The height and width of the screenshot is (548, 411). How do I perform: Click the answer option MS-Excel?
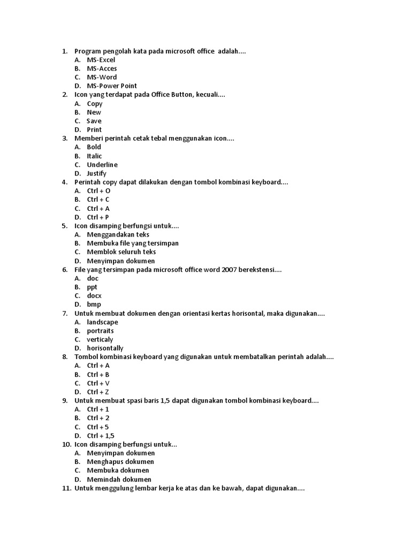click(101, 60)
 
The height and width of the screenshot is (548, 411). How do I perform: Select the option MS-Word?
click(102, 77)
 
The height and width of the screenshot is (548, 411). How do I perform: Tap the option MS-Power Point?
click(112, 86)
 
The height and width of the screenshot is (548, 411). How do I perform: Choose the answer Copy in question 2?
click(95, 104)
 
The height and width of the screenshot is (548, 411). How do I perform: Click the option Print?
click(94, 130)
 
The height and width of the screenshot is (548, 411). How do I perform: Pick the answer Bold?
click(94, 147)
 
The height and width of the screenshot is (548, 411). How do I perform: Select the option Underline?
click(102, 165)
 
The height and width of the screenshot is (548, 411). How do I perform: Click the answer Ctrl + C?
click(98, 200)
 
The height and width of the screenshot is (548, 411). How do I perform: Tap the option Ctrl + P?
click(98, 217)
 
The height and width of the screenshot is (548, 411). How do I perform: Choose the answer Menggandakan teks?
click(118, 234)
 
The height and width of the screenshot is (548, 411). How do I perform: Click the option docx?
click(94, 296)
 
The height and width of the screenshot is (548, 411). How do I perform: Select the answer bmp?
click(94, 305)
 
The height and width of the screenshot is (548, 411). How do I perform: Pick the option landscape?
click(102, 322)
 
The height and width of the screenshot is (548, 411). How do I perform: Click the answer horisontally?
click(105, 348)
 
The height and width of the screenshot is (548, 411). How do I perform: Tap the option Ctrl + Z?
click(98, 392)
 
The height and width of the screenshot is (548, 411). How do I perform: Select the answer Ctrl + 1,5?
click(101, 436)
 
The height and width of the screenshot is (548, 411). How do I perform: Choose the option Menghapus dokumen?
click(120, 462)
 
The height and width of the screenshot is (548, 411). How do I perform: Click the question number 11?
click(66, 489)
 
